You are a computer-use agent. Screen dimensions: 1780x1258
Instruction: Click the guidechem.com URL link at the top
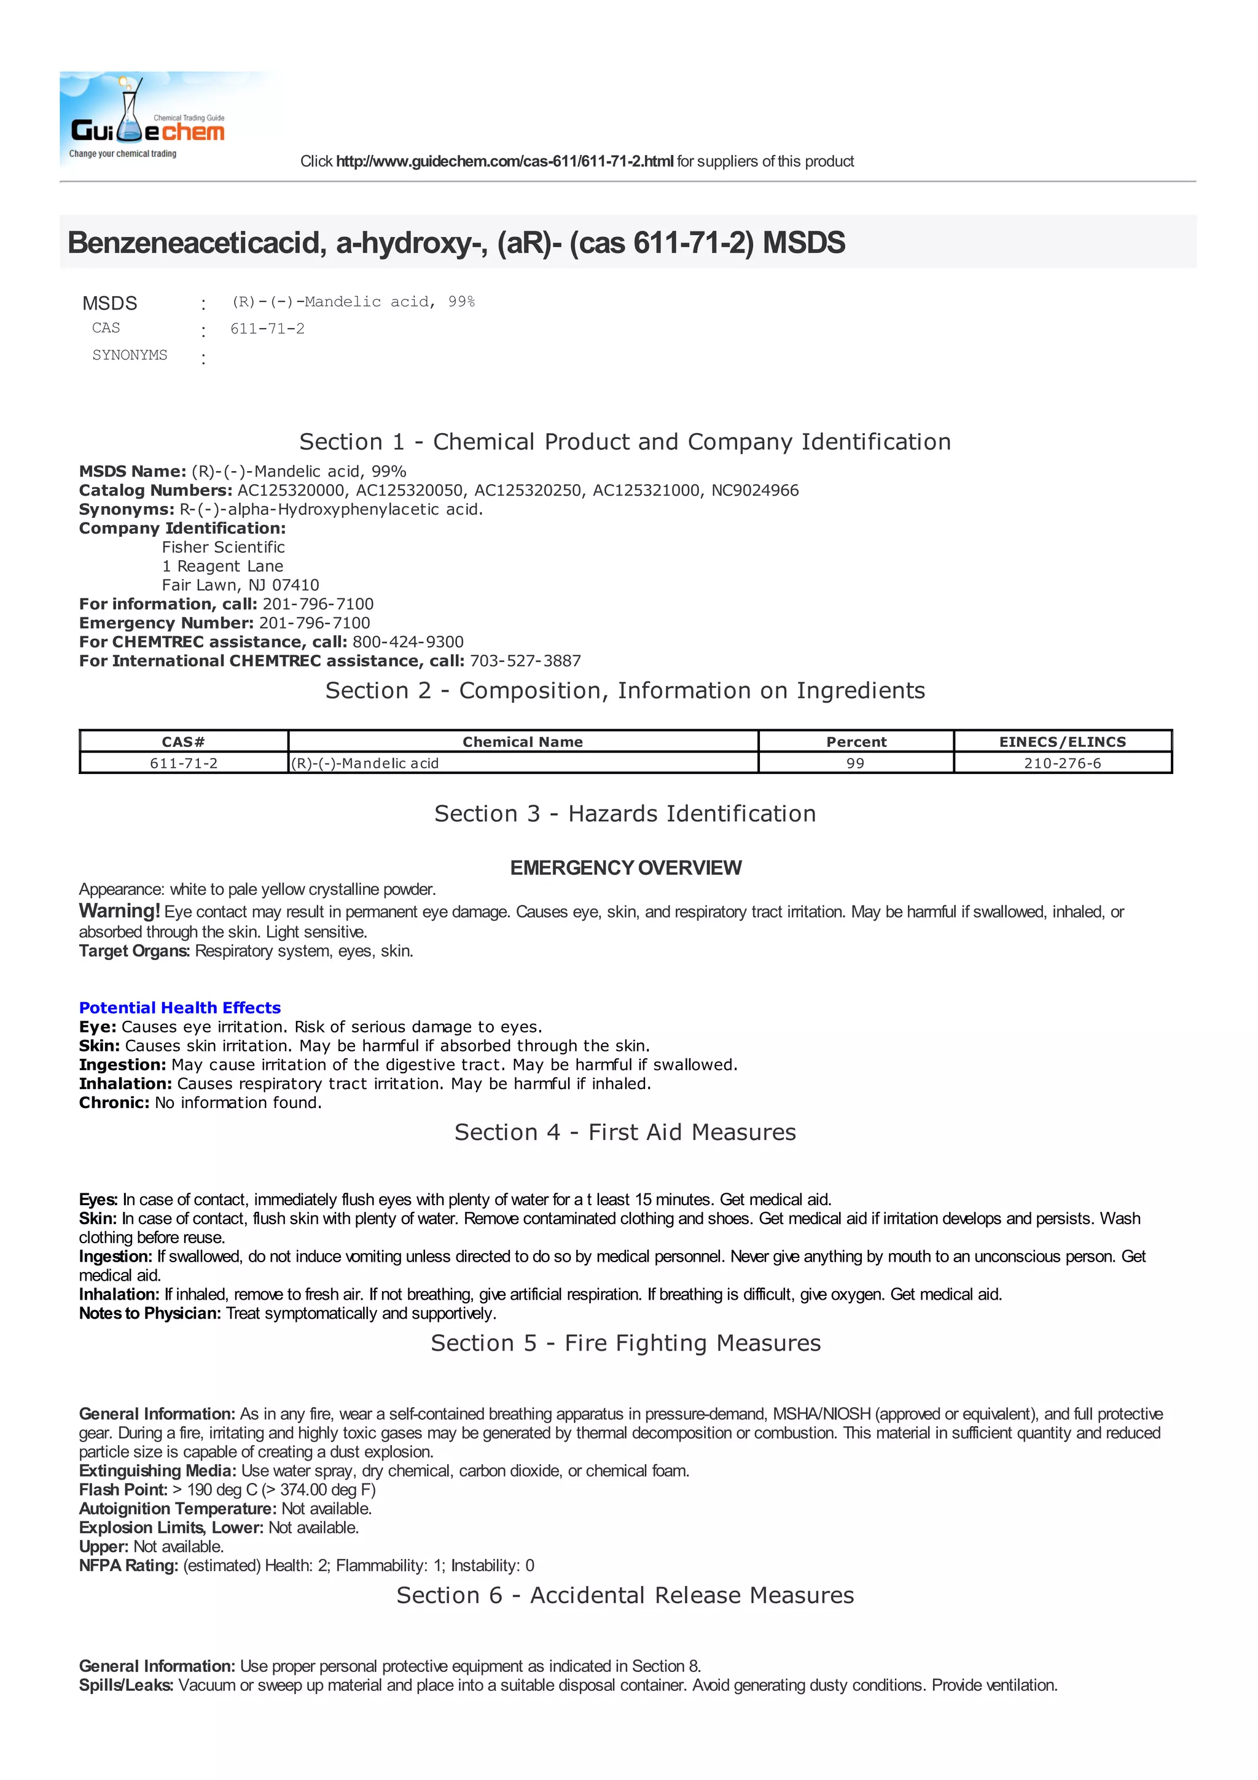[x=504, y=162]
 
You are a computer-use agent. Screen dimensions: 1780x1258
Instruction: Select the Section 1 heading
[x=625, y=442]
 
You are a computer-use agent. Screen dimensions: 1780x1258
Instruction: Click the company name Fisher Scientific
[x=223, y=547]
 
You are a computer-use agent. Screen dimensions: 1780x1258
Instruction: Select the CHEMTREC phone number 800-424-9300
[x=408, y=642]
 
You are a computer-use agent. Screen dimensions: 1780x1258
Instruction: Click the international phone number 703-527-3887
[x=525, y=662]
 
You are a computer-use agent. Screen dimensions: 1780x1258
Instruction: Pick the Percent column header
[x=856, y=742]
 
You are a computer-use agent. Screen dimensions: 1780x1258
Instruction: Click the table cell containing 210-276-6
[x=1062, y=763]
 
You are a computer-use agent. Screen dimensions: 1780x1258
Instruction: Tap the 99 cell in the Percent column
[x=856, y=763]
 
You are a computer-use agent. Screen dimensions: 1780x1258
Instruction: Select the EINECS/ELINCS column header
[x=1062, y=742]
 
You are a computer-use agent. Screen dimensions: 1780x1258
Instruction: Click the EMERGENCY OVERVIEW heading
[x=625, y=869]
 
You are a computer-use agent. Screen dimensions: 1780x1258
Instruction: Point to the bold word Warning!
[x=119, y=911]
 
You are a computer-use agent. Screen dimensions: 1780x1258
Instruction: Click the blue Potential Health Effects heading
[x=180, y=1008]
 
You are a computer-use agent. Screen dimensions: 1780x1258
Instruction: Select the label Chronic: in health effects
[x=114, y=1103]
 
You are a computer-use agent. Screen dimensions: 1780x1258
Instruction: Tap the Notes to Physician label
[x=150, y=1313]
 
